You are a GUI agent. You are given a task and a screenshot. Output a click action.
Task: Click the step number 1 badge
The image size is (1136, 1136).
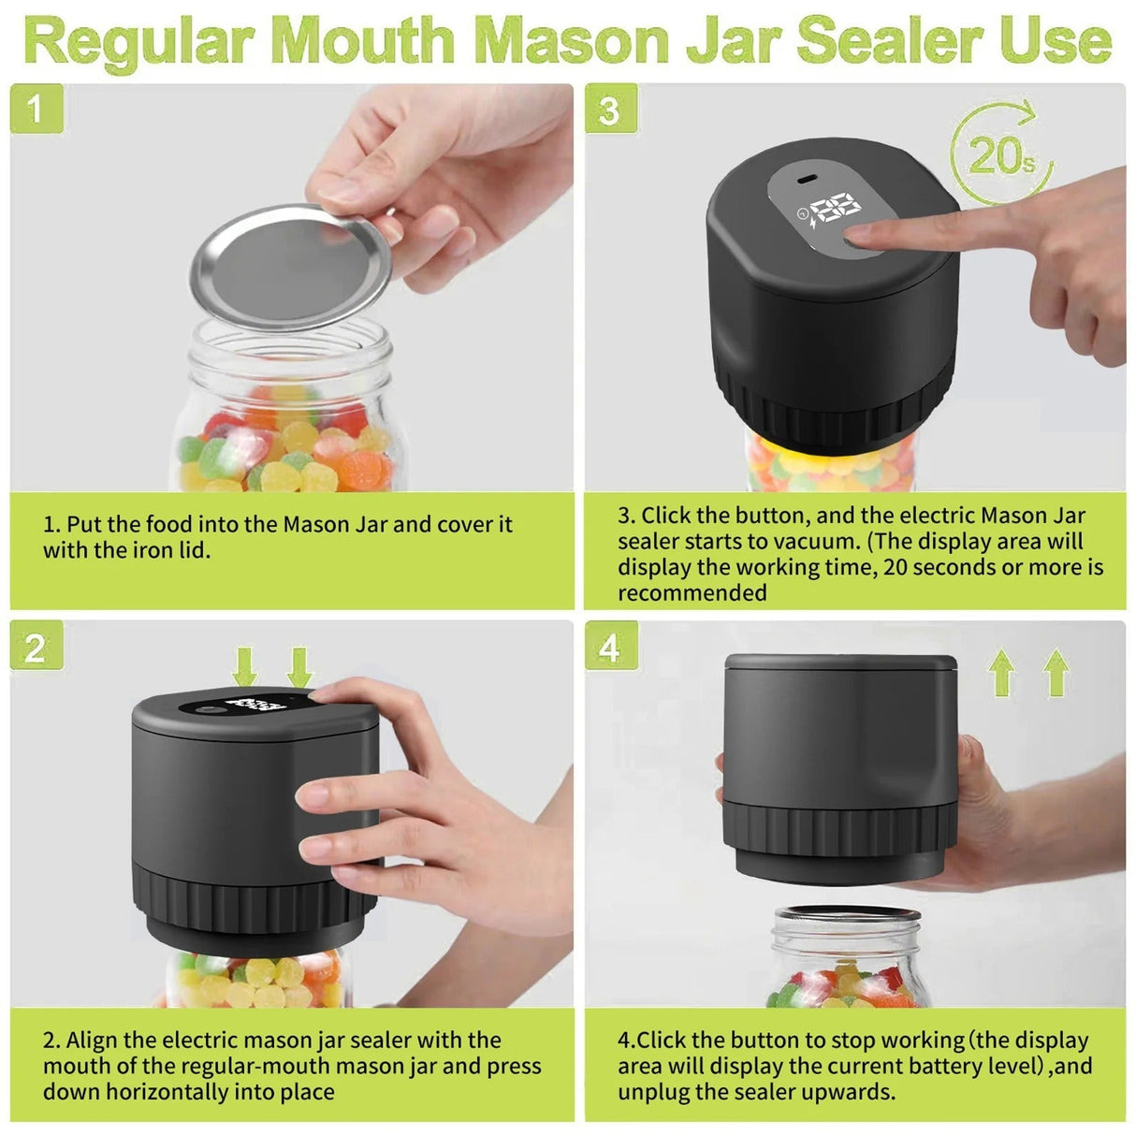36,109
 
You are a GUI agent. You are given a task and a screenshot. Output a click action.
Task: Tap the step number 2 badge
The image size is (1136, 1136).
36,647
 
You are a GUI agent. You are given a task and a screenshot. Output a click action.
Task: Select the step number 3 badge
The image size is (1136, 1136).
610,109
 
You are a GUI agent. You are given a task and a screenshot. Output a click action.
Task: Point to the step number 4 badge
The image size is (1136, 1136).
610,647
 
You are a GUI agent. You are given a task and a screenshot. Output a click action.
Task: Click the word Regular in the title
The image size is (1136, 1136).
138,41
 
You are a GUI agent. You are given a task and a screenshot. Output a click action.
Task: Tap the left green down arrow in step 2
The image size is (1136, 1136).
244,668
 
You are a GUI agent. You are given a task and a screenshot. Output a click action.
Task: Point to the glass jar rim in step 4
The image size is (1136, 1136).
847,916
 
